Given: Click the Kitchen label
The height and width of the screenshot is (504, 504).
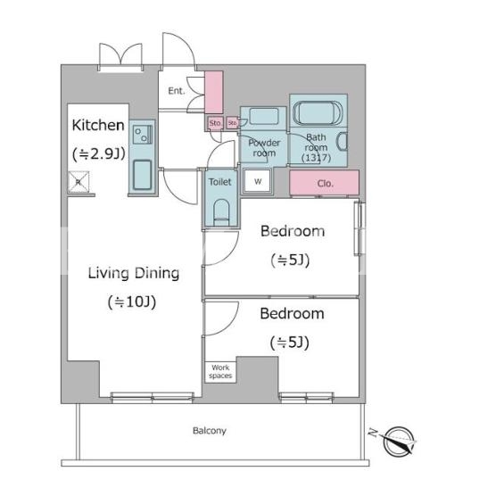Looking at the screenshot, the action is (x=98, y=125).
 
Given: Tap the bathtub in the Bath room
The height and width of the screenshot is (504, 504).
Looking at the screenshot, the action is (x=318, y=112).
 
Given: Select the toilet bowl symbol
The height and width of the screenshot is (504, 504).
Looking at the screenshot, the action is (x=221, y=212).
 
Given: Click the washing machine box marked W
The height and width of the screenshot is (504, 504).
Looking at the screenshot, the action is (x=258, y=181).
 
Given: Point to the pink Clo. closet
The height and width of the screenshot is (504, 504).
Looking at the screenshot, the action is (x=324, y=183).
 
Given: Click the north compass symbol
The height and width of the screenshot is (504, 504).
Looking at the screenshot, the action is (x=398, y=441).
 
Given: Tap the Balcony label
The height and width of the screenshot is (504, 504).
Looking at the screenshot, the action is (x=210, y=430).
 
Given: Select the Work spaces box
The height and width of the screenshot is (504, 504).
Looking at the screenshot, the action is (x=220, y=372).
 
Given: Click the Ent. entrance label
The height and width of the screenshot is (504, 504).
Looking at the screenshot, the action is (x=177, y=91).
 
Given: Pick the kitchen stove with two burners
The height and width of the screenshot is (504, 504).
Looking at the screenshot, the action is (x=143, y=135).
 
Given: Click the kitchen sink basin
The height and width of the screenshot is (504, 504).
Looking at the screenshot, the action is (x=142, y=175).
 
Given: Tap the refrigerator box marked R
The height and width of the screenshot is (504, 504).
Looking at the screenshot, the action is (x=78, y=182).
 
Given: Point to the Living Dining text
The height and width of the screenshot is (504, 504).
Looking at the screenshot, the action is (x=134, y=274).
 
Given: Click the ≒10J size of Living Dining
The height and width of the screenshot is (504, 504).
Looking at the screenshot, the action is (x=132, y=302).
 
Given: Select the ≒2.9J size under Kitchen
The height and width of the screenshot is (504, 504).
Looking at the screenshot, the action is (x=99, y=154).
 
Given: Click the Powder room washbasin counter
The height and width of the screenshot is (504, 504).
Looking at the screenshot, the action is (x=263, y=119).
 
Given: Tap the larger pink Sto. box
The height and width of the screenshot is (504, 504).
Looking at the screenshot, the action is (x=215, y=123).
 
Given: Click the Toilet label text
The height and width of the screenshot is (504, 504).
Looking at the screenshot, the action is (x=219, y=182).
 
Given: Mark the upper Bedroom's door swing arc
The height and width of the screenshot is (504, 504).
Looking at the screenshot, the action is (x=229, y=253).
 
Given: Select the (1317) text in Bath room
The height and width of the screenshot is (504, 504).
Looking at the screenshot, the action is (x=316, y=158).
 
